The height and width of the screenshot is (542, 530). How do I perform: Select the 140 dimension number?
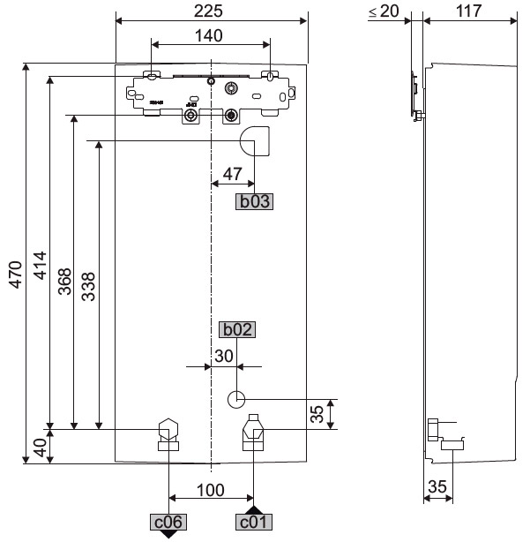[x=210, y=34]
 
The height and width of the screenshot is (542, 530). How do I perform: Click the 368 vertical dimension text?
[x=64, y=284]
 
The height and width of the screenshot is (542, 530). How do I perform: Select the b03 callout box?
[x=253, y=201]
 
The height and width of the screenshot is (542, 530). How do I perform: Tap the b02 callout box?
[x=237, y=330]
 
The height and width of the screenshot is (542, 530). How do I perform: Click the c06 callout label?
[x=168, y=522]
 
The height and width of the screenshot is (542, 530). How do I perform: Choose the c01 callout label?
[x=253, y=523]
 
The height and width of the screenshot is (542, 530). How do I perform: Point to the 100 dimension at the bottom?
[x=211, y=490]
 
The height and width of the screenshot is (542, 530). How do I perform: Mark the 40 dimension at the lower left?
[x=40, y=447]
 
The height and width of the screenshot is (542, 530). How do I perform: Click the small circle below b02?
[x=236, y=399]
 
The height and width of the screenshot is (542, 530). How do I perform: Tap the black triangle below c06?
[x=168, y=535]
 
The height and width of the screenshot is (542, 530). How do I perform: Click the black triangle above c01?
[x=253, y=509]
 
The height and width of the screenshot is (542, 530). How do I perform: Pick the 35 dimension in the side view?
[x=437, y=486]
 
